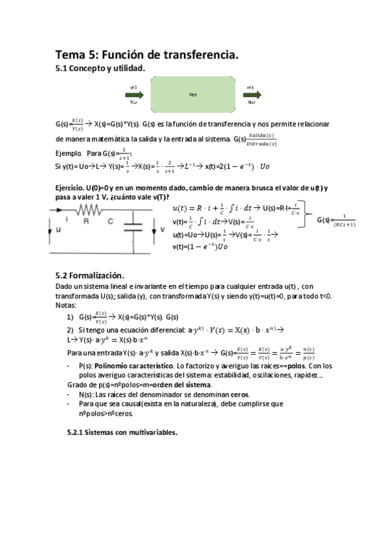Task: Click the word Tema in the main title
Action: pyautogui.click(x=71, y=56)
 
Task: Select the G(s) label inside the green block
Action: pyautogui.click(x=192, y=95)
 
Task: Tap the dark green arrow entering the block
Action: pyautogui.click(x=134, y=94)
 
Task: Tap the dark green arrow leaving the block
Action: pyautogui.click(x=251, y=94)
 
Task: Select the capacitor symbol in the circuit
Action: pyautogui.click(x=133, y=228)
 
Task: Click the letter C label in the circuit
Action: pyautogui.click(x=110, y=221)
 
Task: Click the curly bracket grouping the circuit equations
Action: pyautogui.click(x=308, y=219)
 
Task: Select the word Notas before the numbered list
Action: pyautogui.click(x=66, y=305)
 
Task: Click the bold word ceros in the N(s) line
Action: pyautogui.click(x=240, y=394)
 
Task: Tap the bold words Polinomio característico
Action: pyautogui.click(x=133, y=365)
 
